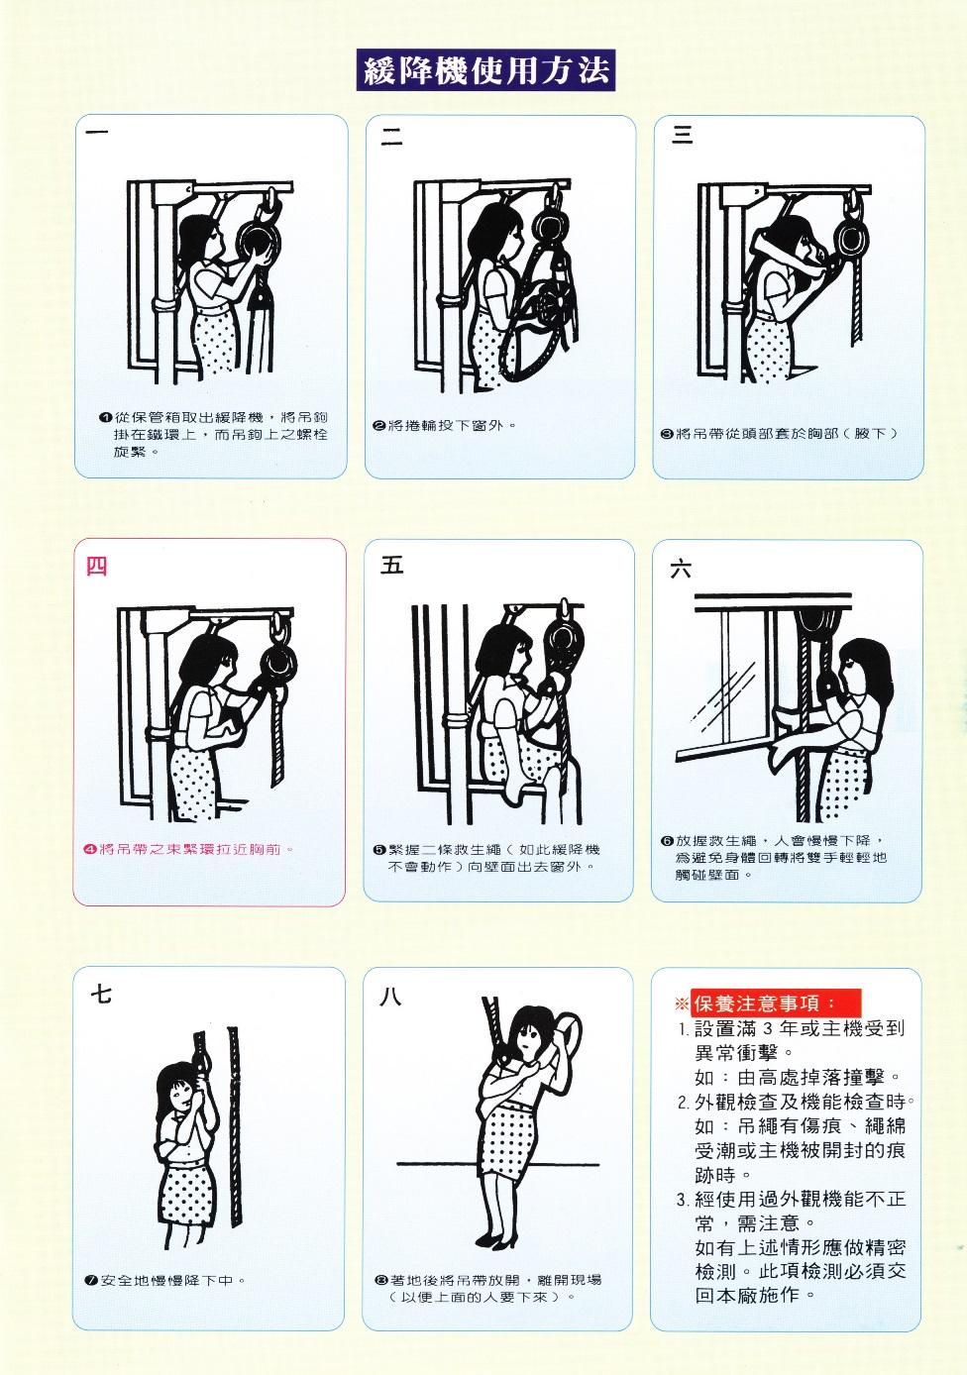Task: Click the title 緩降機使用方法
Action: pyautogui.click(x=485, y=70)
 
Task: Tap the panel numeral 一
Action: pyautogui.click(x=97, y=132)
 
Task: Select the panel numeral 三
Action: pyautogui.click(x=682, y=135)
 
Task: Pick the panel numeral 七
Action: pyautogui.click(x=101, y=994)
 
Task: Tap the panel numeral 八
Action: pyautogui.click(x=390, y=997)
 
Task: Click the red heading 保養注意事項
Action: pyautogui.click(x=776, y=1004)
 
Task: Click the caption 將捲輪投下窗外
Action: pyautogui.click(x=452, y=425)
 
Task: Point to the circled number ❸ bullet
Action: pyautogui.click(x=667, y=434)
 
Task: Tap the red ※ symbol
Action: pyautogui.click(x=682, y=1005)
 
